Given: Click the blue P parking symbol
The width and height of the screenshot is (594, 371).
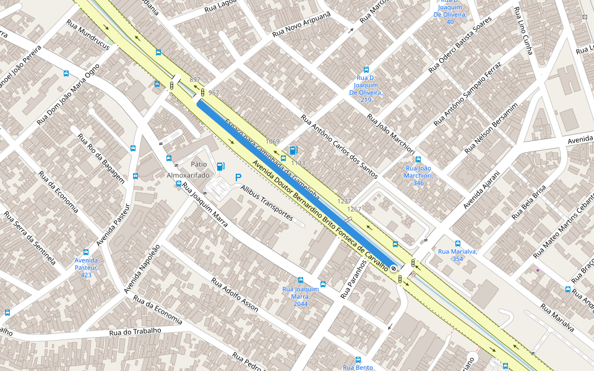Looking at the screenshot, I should point(238,177).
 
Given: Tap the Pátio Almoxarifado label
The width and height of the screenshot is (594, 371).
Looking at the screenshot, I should point(191,170).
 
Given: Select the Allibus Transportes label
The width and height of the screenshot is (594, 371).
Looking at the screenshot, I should point(267,203).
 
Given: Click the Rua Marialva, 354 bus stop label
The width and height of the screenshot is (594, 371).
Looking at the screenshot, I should point(457,255).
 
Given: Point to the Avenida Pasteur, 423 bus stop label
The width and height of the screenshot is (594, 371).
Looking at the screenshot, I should point(86,267).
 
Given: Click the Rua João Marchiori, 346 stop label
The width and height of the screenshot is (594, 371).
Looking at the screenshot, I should point(418,175).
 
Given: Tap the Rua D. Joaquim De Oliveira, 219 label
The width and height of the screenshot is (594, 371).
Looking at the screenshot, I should point(366,88).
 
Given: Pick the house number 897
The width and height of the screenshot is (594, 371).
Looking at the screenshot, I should point(195,80).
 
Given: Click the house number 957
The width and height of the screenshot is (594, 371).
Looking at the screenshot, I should point(213,93).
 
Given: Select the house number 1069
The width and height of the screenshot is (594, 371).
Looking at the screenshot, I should point(272,142).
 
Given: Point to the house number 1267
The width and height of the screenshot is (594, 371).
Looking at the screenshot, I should point(354,209).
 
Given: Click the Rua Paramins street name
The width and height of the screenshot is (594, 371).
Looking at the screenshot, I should point(354,279).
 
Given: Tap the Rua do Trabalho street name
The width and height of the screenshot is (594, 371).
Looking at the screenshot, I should point(135,331).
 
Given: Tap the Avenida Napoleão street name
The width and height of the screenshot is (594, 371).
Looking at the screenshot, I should point(142,268).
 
